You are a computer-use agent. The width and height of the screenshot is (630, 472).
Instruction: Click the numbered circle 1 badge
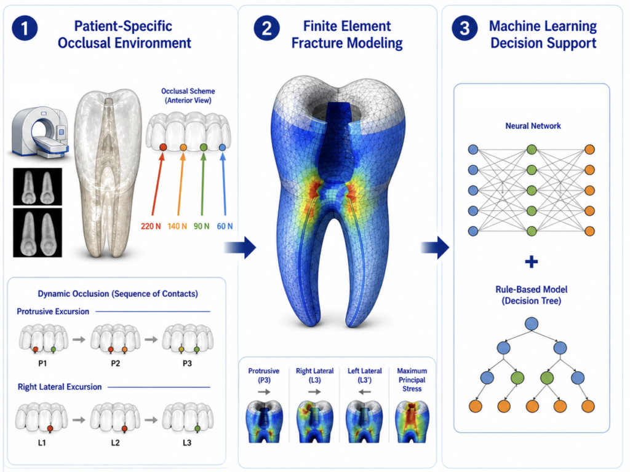tap(25, 28)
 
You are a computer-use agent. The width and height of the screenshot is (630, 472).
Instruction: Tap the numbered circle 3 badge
tap(465, 28)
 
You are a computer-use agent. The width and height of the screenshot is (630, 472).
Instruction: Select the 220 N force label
tap(151, 226)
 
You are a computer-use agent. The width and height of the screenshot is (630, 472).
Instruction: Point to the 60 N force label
tap(225, 226)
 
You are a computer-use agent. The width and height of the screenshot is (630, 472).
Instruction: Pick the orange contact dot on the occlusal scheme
tap(183, 147)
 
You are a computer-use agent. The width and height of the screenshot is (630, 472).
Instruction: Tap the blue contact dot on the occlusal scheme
tap(223, 147)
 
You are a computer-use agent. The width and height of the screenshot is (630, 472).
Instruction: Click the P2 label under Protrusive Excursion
tap(115, 363)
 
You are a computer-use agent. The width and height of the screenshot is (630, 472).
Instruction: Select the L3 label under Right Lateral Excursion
tap(187, 442)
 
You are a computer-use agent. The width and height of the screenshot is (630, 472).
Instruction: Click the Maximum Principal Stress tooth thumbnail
tap(412, 422)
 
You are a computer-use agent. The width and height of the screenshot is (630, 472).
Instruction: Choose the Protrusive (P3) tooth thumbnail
tap(264, 422)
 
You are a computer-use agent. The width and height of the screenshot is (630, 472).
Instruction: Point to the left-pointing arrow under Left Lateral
tap(364, 391)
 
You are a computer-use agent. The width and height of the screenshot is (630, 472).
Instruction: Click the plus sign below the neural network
tap(531, 262)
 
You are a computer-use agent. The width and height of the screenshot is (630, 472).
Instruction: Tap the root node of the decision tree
tap(532, 323)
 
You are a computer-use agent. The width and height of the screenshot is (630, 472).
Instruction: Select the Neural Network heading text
tap(533, 126)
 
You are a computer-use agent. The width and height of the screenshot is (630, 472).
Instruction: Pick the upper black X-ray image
tap(38, 187)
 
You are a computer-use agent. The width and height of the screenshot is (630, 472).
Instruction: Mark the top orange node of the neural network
tap(589, 150)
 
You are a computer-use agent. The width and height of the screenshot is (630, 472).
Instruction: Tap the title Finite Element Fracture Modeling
tap(347, 34)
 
